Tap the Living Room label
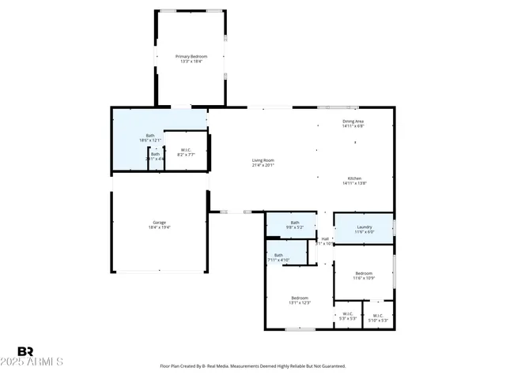[262, 160]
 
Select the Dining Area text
[353, 121]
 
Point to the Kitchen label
[354, 178]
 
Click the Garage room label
[159, 223]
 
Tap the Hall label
[325, 238]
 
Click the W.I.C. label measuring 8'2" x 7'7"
[186, 150]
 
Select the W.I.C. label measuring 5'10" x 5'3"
[377, 315]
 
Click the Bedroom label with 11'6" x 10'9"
[363, 273]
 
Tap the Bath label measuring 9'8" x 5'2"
[295, 223]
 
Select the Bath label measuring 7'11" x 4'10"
[279, 255]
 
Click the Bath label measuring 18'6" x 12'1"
[150, 135]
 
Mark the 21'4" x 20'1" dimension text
[262, 165]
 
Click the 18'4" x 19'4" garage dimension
[159, 227]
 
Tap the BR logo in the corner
[26, 351]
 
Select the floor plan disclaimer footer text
[253, 366]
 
